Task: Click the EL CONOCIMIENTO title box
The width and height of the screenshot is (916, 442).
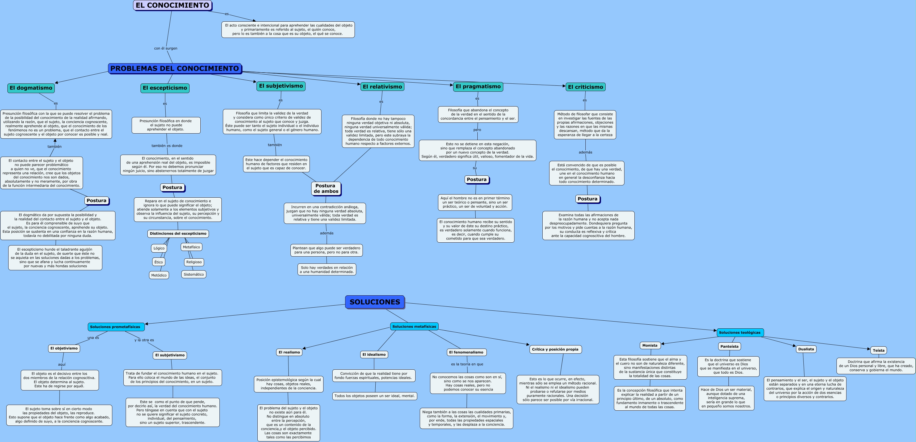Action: (x=172, y=5)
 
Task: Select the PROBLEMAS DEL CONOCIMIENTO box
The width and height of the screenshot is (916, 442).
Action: (x=175, y=69)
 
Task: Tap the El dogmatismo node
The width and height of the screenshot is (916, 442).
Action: (x=31, y=88)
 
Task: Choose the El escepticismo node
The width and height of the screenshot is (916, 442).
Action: (x=165, y=88)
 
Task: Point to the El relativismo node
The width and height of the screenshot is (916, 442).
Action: (x=382, y=87)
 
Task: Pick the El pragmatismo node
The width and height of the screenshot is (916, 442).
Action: (x=478, y=87)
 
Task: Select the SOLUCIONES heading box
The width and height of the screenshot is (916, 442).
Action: (x=375, y=302)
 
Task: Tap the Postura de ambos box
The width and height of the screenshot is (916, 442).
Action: (x=326, y=189)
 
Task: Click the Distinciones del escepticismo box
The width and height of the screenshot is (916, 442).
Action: (x=178, y=234)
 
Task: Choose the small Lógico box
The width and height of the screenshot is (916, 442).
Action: (x=159, y=248)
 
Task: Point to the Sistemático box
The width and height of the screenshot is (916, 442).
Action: (x=194, y=275)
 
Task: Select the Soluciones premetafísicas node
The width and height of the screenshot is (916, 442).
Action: (x=115, y=327)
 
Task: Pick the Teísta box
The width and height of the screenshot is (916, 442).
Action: (x=878, y=350)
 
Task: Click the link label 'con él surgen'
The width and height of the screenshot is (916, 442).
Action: (x=165, y=48)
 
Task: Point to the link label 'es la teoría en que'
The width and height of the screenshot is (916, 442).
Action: (x=467, y=364)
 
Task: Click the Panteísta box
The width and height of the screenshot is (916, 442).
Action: (x=729, y=346)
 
